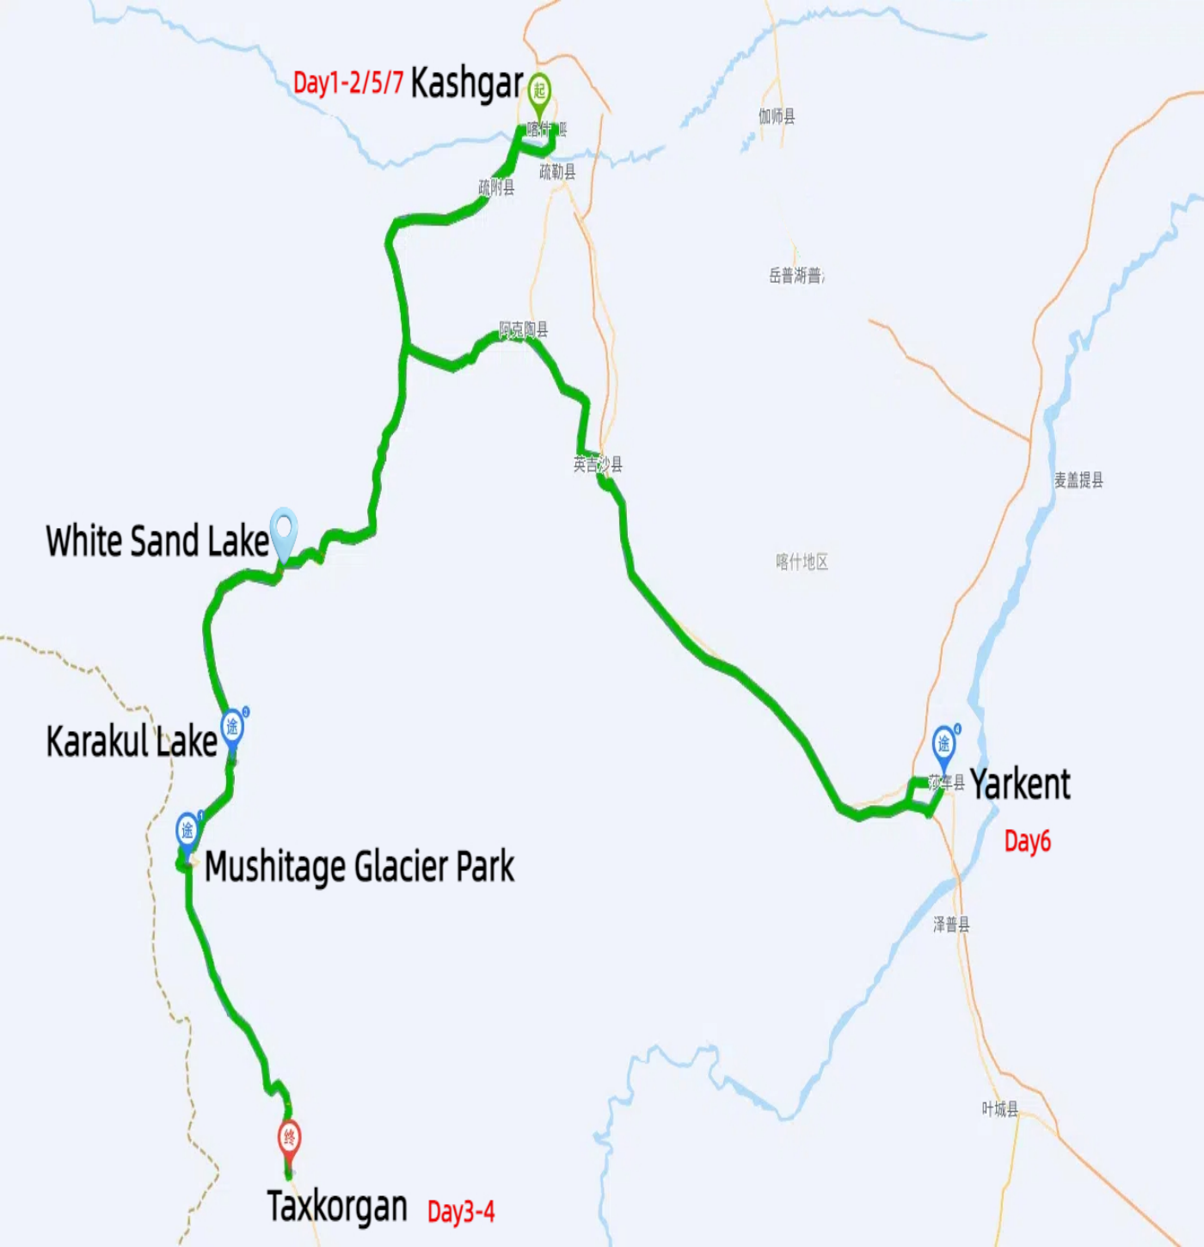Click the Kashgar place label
click(467, 84)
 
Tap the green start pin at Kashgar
click(539, 92)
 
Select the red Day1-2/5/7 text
click(348, 83)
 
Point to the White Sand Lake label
click(157, 542)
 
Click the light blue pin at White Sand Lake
click(283, 530)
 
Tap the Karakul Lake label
click(132, 741)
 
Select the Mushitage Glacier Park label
click(359, 867)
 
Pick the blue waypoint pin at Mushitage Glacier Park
click(187, 832)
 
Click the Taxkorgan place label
click(337, 1207)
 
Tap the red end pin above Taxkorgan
click(290, 1140)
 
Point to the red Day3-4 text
click(461, 1212)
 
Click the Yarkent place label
click(1020, 784)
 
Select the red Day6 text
click(1028, 841)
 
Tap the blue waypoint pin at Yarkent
click(944, 746)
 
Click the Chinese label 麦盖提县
click(1078, 480)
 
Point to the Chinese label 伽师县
click(777, 116)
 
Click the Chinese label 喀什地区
click(802, 562)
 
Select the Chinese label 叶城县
click(1000, 1109)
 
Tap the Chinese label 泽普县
click(951, 924)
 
